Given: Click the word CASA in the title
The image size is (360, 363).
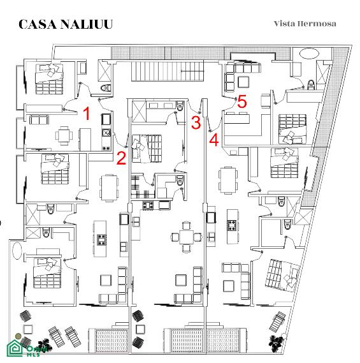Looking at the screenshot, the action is point(38,24).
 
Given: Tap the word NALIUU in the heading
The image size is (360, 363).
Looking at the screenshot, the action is point(87,24).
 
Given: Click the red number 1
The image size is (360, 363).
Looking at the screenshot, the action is point(87,114).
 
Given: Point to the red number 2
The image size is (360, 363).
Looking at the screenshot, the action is point(121,158).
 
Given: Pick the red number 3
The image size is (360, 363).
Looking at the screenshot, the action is point(196,122).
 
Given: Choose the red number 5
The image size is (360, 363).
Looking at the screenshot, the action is point(242,101).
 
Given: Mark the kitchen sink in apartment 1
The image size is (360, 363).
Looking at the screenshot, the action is point(106,133).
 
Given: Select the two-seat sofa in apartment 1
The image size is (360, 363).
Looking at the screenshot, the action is point(39,120).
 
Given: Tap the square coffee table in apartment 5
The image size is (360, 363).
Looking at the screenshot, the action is point(243,82).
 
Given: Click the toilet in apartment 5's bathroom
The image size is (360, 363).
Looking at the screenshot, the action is point(311,85).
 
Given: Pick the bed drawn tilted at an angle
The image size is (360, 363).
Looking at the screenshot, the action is point(283,274).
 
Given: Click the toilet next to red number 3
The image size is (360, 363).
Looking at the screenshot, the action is point(180,106).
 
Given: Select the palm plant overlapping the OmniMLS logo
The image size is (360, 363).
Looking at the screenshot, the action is point(44,345).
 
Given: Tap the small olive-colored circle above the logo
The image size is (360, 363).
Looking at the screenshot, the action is point(18,336).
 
